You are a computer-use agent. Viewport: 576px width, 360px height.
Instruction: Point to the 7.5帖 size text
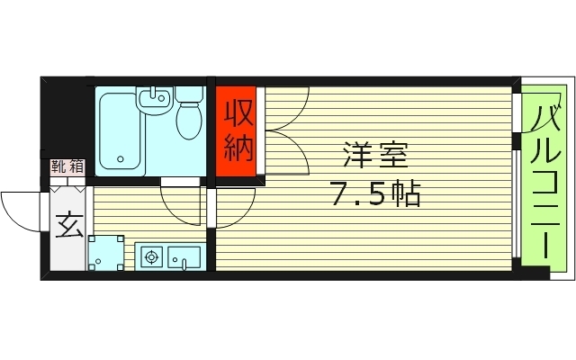coord(375,193)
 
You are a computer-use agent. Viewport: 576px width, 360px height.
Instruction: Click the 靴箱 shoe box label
coord(67,166)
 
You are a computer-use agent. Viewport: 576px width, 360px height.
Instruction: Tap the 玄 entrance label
coord(68,224)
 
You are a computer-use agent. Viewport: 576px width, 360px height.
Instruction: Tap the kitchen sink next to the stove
coord(185,259)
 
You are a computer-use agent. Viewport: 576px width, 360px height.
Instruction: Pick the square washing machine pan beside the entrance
coord(107,252)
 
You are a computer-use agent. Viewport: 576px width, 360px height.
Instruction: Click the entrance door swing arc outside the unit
coord(20,210)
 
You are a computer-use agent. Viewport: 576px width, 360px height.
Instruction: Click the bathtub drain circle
coord(121,163)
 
